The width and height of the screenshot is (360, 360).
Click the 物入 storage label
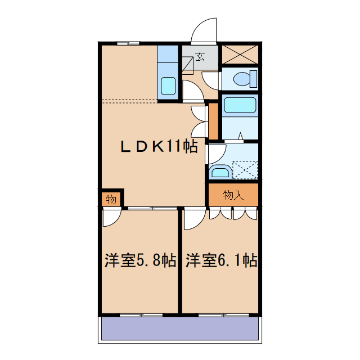(233, 195)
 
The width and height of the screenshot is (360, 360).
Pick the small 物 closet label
(111, 199)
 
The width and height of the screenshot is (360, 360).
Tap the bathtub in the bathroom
(240, 105)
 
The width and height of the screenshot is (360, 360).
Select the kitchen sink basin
(168, 86)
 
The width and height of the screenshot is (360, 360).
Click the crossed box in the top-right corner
(240, 55)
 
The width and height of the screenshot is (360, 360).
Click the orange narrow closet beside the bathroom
(213, 120)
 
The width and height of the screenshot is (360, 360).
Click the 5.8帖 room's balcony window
(139, 314)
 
